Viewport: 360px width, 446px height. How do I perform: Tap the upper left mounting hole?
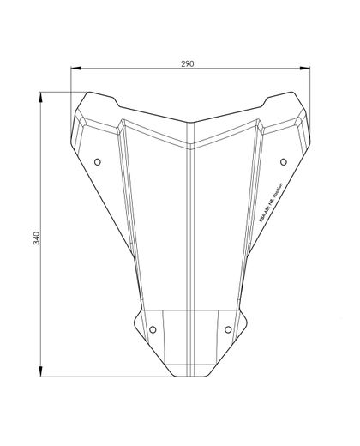tap(97, 161)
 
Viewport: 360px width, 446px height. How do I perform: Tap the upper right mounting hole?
tap(284, 161)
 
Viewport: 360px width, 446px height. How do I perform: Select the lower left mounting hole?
tap(153, 328)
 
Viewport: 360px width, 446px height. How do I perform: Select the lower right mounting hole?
tap(228, 328)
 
